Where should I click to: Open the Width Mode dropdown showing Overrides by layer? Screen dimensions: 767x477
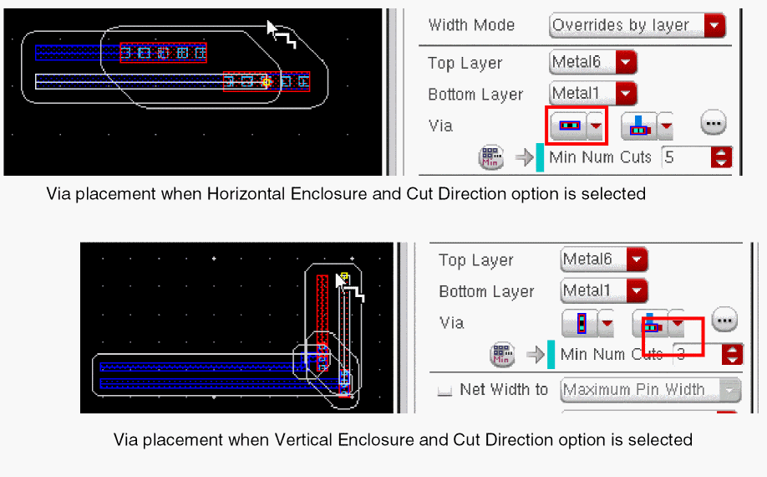click(x=637, y=25)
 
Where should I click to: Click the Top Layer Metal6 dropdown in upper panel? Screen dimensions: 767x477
click(x=593, y=62)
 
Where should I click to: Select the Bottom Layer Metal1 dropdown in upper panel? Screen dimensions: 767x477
click(x=593, y=93)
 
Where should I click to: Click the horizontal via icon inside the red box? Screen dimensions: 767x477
click(x=569, y=126)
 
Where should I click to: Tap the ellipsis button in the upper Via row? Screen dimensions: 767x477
click(x=714, y=122)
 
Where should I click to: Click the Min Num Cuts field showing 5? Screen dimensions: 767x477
click(x=686, y=157)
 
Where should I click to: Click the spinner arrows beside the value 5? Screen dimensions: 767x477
click(x=722, y=157)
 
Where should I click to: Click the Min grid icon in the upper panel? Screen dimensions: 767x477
click(x=490, y=157)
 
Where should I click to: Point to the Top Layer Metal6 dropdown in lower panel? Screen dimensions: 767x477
click(x=603, y=259)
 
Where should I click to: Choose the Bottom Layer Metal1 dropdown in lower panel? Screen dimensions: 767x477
click(x=603, y=290)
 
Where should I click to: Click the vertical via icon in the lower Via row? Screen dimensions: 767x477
click(x=582, y=323)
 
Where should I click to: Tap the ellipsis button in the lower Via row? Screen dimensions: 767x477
click(x=724, y=321)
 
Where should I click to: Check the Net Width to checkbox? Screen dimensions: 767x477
click(x=444, y=390)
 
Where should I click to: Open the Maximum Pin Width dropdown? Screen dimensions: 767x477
click(x=650, y=390)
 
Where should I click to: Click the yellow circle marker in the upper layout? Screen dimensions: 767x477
click(x=266, y=82)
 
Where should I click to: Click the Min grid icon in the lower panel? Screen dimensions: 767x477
click(x=501, y=354)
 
